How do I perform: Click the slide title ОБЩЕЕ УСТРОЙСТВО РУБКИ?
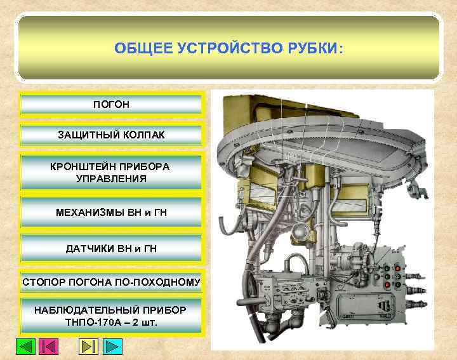click(228, 48)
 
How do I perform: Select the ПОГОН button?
click(111, 103)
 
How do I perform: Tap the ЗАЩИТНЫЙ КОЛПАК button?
click(111, 135)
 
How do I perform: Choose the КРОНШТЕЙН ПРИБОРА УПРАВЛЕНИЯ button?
click(111, 172)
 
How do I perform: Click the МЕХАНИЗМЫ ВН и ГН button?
click(111, 212)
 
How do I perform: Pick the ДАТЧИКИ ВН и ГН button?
click(111, 248)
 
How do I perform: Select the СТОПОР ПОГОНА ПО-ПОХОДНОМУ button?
click(111, 281)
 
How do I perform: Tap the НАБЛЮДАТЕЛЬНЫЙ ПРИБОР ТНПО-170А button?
click(111, 316)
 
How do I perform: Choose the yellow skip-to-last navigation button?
click(88, 347)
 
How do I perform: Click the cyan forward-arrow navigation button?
click(112, 347)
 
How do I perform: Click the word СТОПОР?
click(42, 281)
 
